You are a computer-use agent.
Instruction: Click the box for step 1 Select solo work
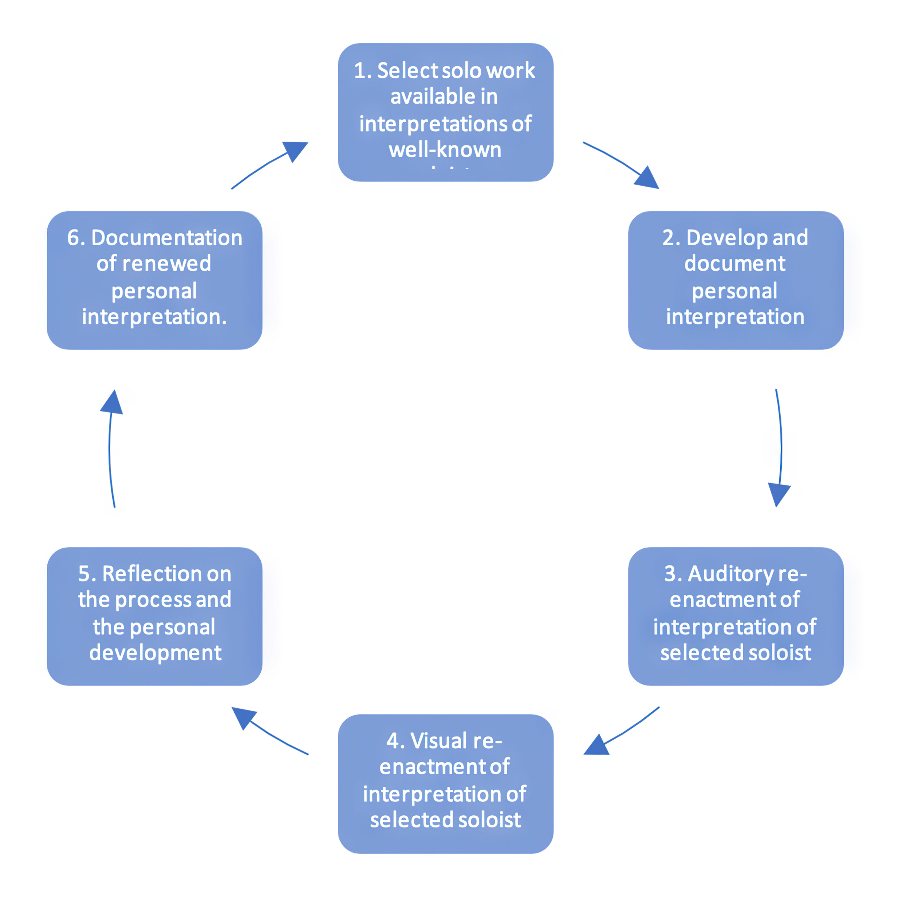[x=445, y=112]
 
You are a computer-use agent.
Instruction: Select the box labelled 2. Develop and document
[x=735, y=280]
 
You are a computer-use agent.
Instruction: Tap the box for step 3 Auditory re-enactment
[x=735, y=616]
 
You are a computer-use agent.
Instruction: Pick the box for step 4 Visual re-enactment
[x=445, y=784]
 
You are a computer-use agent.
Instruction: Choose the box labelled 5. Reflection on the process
[x=154, y=616]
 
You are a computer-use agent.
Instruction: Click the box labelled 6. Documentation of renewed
[x=154, y=280]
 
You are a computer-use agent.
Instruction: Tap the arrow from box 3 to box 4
[x=623, y=732]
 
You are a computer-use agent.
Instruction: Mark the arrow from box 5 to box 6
[x=111, y=448]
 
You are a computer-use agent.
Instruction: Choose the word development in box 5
[x=155, y=653]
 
